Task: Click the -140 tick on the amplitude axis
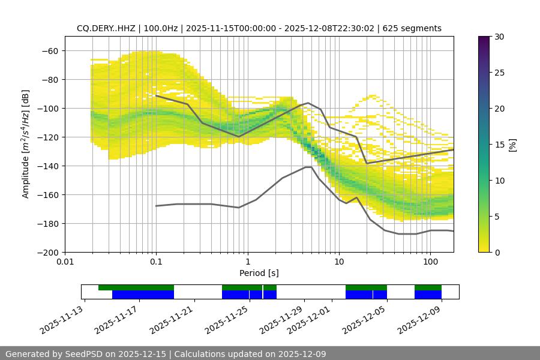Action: pyautogui.click(x=50, y=166)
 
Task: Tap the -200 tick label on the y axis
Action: pyautogui.click(x=48, y=252)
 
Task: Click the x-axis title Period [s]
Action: pyautogui.click(x=259, y=273)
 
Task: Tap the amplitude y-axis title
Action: pyautogui.click(x=25, y=144)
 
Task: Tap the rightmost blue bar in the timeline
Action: pyautogui.click(x=428, y=295)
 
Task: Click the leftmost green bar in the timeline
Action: pyautogui.click(x=136, y=287)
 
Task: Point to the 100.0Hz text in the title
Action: pyautogui.click(x=161, y=28)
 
